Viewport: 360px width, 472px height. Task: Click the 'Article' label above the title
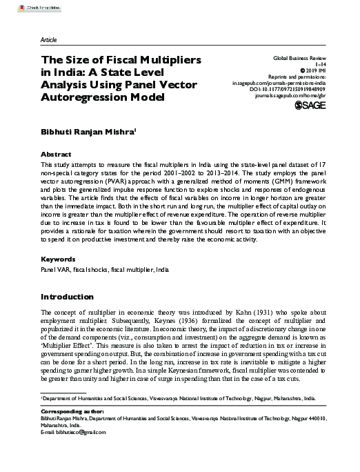tap(50, 41)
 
